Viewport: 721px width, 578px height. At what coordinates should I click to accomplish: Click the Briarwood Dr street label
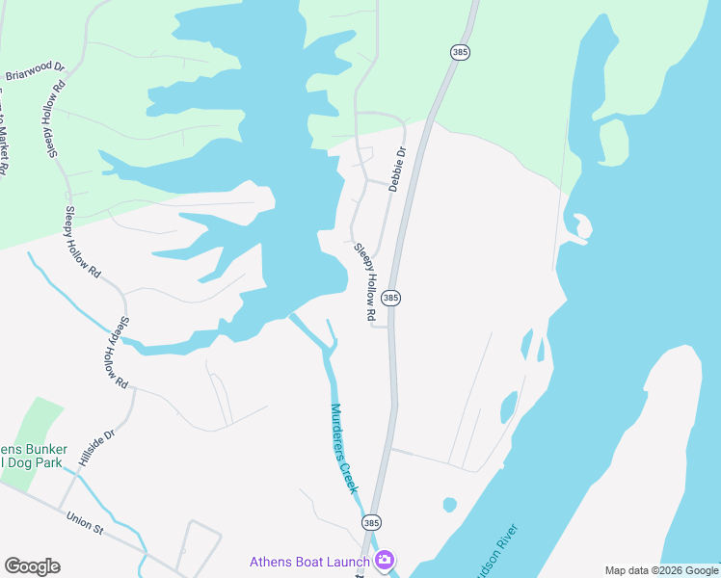click(x=35, y=71)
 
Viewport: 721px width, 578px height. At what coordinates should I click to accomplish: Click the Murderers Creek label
click(x=344, y=447)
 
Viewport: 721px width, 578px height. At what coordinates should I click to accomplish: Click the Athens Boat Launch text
click(x=309, y=562)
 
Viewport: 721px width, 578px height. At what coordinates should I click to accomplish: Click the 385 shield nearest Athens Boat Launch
click(x=371, y=522)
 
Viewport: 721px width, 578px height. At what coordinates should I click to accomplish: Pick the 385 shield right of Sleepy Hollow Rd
click(x=390, y=299)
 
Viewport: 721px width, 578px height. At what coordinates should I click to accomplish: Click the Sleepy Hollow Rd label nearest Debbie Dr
click(x=364, y=281)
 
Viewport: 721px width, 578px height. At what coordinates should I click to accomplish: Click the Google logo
click(x=32, y=566)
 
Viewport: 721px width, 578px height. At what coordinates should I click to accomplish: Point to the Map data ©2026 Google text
click(x=662, y=570)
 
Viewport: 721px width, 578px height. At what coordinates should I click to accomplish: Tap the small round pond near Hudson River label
click(x=449, y=504)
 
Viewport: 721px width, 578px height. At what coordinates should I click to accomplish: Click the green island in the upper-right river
click(x=613, y=140)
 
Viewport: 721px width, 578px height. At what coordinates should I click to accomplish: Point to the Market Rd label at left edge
click(x=4, y=135)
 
